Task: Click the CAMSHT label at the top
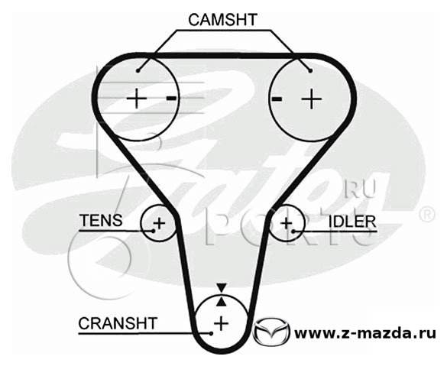(222, 20)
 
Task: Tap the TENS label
(101, 220)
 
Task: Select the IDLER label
(352, 222)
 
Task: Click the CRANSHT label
(118, 323)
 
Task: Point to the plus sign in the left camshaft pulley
(137, 99)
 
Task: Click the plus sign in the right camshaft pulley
(312, 99)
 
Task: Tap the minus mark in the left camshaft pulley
(172, 99)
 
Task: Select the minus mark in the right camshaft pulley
(277, 99)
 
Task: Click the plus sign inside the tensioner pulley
(159, 223)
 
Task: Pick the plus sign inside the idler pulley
(287, 223)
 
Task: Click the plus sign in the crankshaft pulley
(222, 323)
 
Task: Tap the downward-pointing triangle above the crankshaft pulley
(222, 287)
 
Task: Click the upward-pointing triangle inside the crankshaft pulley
(222, 302)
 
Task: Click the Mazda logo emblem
(271, 332)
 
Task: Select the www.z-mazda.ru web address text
(365, 332)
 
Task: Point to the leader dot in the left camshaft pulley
(138, 70)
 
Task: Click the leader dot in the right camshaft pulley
(310, 70)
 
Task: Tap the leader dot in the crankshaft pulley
(211, 333)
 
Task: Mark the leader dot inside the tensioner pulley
(154, 231)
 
